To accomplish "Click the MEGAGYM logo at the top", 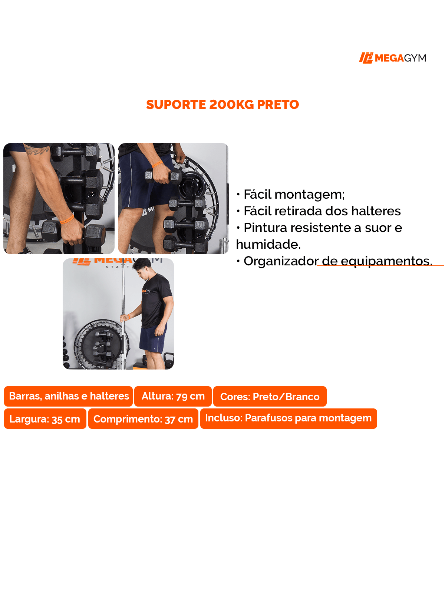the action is coord(392,58).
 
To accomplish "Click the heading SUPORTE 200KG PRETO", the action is coord(222,105).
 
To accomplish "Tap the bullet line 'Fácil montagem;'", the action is coord(290,195).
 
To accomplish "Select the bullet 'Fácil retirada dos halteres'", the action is coord(318,211).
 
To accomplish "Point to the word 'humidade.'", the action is coord(268,244).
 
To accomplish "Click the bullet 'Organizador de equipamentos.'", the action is coord(334,261).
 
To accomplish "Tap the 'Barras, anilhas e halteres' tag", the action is coord(68,396).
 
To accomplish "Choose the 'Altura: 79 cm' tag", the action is coord(173,396).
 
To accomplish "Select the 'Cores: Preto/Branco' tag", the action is coord(270,396).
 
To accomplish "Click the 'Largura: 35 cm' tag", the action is coord(45,419).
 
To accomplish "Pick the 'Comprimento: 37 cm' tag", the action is coord(143,419).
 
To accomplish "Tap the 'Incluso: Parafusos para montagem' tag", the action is coord(288,418).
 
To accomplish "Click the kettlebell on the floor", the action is coord(169,360).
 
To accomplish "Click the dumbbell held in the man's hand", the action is coord(162,177).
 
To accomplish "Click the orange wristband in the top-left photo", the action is coord(67,219).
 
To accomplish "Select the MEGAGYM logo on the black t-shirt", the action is coord(146,291).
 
